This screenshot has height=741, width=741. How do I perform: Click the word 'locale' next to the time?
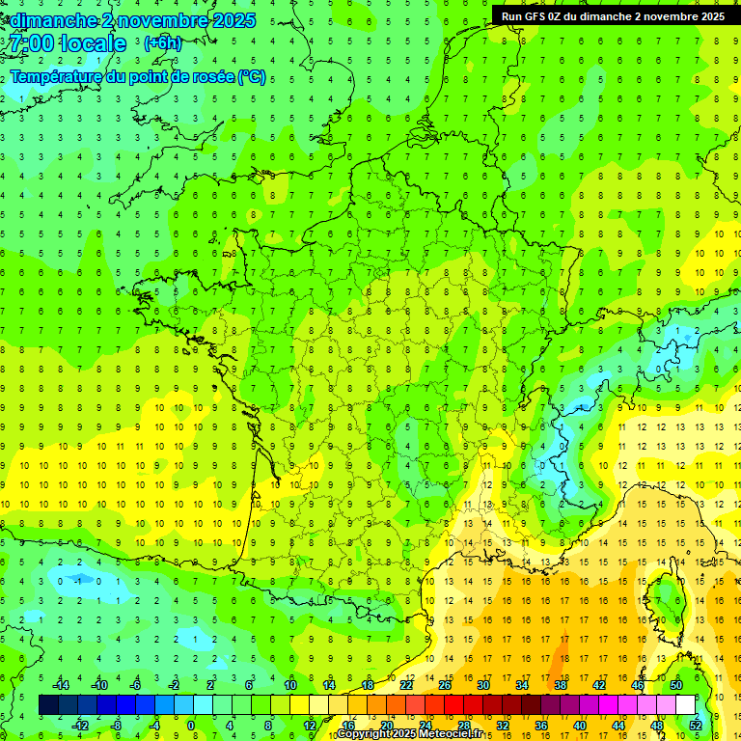pyautogui.click(x=93, y=43)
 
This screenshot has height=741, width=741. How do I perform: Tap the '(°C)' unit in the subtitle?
pyautogui.click(x=251, y=76)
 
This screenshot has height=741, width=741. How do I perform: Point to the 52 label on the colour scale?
pyautogui.click(x=696, y=726)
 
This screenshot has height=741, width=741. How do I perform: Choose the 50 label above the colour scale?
pyautogui.click(x=676, y=685)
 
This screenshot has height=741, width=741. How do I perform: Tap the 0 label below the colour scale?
pyautogui.click(x=191, y=726)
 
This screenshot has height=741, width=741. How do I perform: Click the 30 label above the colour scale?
pyautogui.click(x=483, y=685)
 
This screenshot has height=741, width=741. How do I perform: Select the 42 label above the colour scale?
pyautogui.click(x=599, y=685)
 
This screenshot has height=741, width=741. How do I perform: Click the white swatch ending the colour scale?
pyautogui.click(x=685, y=705)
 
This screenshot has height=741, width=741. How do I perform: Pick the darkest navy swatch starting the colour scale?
pyautogui.click(x=48, y=705)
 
